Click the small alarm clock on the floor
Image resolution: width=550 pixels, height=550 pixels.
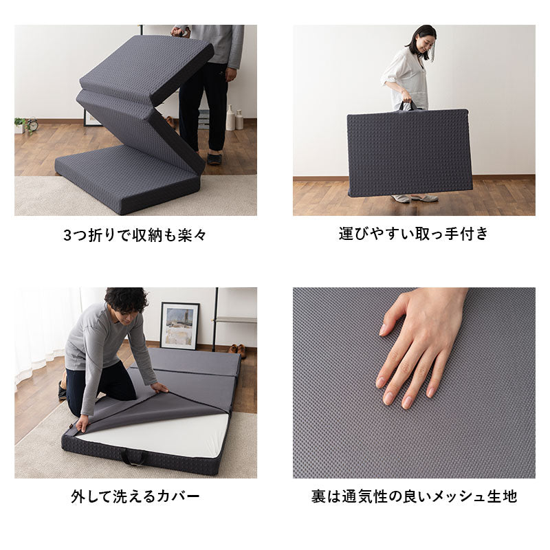tap(32, 125)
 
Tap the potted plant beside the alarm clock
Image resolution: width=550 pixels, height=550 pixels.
tap(20, 124)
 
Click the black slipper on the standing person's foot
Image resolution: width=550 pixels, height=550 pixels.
tap(215, 158)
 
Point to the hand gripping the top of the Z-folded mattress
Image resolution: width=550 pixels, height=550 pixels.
tap(180, 32)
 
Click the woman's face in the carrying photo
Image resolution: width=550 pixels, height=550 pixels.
tap(423, 44)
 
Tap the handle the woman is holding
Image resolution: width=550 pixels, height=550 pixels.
tap(410, 105)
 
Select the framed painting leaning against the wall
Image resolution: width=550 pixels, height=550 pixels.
tap(179, 325)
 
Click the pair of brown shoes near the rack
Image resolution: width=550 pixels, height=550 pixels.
tap(236, 351)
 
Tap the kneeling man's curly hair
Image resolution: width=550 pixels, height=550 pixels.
tap(126, 299)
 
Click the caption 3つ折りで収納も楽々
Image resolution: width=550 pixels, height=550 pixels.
tap(135, 235)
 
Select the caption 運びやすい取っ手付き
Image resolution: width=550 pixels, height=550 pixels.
tap(413, 234)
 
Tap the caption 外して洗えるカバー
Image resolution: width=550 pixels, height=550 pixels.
tap(135, 496)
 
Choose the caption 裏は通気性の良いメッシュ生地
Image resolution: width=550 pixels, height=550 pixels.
tap(413, 496)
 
